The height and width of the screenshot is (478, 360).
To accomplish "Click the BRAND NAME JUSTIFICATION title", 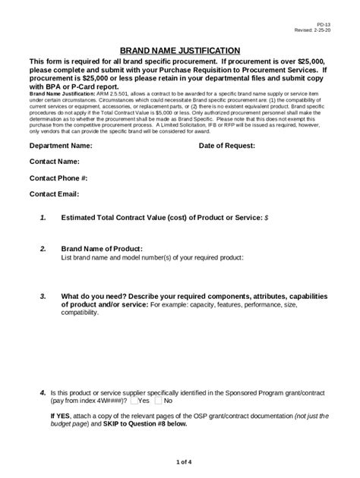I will coord(181,49).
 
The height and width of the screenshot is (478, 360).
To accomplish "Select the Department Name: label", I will coord(61,144).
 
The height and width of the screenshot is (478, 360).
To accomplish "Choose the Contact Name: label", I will coord(55,161).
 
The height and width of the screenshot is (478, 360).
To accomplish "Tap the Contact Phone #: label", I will coord(58,178).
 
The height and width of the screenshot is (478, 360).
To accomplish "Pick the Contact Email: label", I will coord(54,193).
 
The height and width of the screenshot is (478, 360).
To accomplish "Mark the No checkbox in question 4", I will coord(158,400).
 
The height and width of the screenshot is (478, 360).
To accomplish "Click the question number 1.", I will coord(43,218).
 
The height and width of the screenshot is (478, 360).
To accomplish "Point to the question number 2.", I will coord(43,249).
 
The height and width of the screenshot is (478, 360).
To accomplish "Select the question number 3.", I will coord(43,296).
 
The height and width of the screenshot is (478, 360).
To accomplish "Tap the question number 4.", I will coord(43,392).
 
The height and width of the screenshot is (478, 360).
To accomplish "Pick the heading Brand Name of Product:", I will coord(101,249).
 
